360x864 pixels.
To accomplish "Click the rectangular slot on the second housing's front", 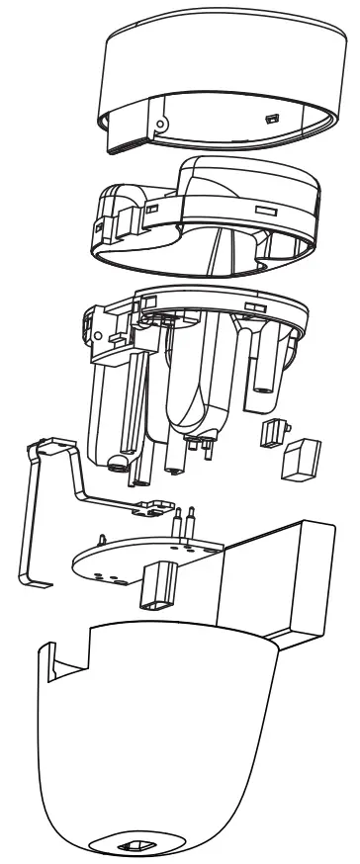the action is coord(264,212).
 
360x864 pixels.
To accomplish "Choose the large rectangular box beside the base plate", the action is coord(277,583).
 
